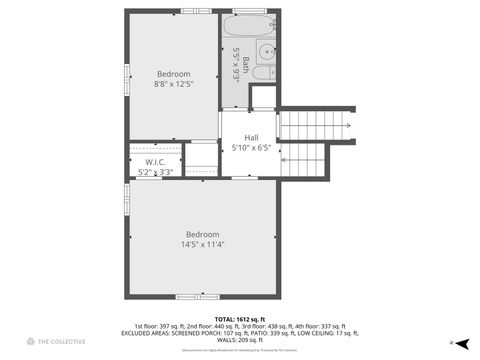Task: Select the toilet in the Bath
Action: click(x=263, y=72)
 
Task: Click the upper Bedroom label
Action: click(x=174, y=73)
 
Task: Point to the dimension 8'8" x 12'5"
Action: click(x=174, y=84)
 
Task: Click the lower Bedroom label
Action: click(x=201, y=234)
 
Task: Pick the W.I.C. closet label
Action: click(x=155, y=162)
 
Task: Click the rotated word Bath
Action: click(x=246, y=65)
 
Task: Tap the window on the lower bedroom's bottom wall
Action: click(x=190, y=296)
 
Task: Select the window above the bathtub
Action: click(x=250, y=11)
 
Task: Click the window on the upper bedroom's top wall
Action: click(x=196, y=11)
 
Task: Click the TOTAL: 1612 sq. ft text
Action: click(x=240, y=319)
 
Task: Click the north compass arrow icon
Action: click(x=453, y=341)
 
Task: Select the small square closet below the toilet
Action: click(x=263, y=97)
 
